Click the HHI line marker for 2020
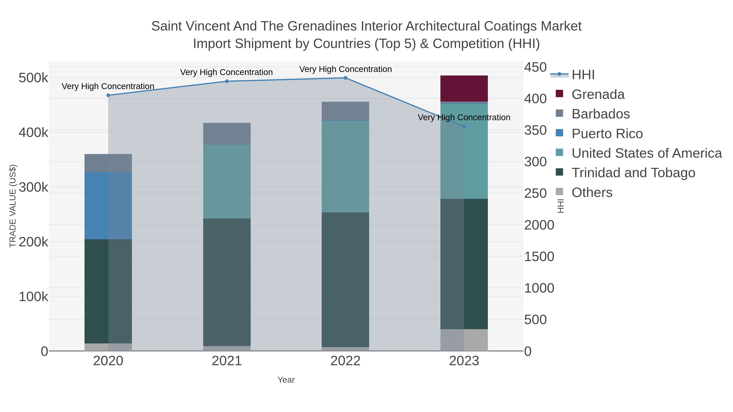click(108, 95)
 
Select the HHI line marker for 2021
click(227, 81)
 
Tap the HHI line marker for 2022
click(346, 78)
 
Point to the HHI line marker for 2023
click(464, 127)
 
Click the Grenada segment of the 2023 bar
click(464, 89)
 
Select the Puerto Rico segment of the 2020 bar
click(108, 205)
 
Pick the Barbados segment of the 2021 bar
click(227, 134)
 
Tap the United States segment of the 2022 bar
click(346, 167)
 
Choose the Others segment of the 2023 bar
click(464, 340)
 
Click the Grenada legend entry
click(598, 94)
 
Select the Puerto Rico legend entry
click(607, 134)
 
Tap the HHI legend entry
click(583, 75)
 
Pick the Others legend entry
click(591, 192)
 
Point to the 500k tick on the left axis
click(33, 78)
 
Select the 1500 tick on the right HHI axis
click(539, 257)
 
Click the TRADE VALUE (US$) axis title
click(13, 206)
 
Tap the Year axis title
click(286, 380)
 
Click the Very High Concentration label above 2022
click(346, 69)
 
